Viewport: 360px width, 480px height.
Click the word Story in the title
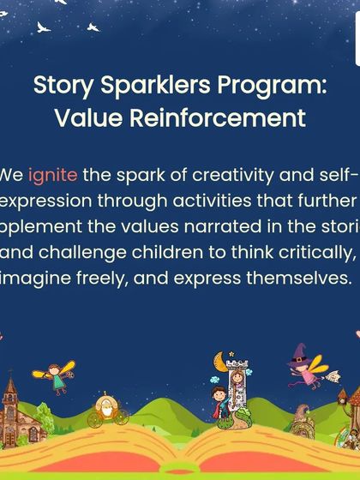click(60, 87)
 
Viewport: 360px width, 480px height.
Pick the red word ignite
click(53, 176)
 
